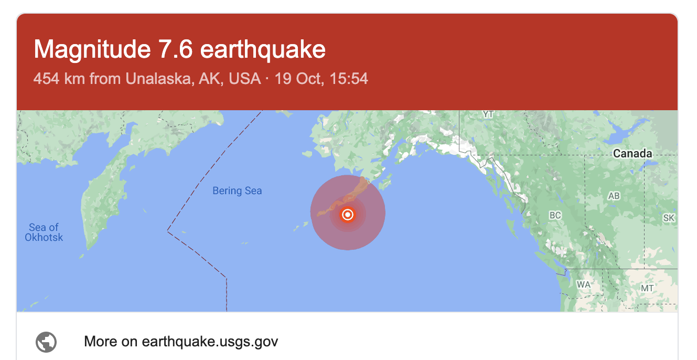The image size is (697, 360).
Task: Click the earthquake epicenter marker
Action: [347, 215]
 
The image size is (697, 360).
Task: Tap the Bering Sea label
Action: [237, 191]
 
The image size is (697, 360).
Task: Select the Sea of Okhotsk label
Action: [44, 232]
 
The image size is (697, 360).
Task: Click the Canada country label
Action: [632, 154]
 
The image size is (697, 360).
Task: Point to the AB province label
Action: [614, 196]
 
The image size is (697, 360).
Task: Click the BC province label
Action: [555, 215]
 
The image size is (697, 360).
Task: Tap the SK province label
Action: [669, 218]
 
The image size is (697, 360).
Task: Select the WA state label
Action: [584, 284]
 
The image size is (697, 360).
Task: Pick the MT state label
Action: [647, 288]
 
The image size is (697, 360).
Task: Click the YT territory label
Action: [488, 114]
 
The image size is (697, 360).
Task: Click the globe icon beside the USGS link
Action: [46, 342]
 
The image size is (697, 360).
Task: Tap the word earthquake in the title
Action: [263, 50]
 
